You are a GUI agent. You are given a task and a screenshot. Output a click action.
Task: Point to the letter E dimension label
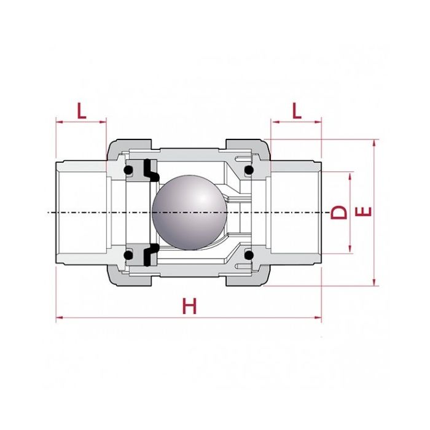click(x=364, y=212)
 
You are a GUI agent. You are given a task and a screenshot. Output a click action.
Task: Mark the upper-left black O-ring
click(x=129, y=170)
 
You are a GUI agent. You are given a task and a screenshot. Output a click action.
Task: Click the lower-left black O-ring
click(x=129, y=254)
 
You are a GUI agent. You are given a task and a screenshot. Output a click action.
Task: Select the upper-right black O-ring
click(x=248, y=170)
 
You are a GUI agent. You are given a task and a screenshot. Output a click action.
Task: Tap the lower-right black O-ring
click(x=248, y=254)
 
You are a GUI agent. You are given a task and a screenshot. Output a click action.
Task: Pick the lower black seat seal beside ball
click(x=149, y=254)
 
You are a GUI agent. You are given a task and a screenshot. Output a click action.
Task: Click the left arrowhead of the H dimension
click(x=59, y=318)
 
